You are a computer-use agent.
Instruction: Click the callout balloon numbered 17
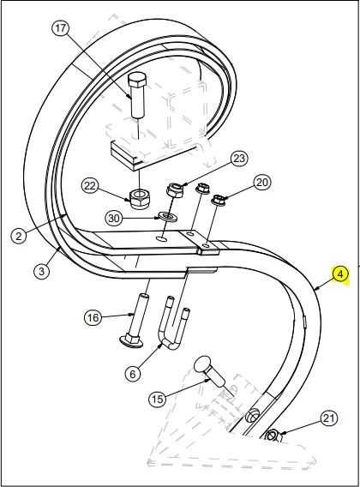[x=60, y=28]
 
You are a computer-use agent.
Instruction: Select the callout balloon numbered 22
[x=90, y=186]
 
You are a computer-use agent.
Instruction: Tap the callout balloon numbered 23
[x=239, y=159]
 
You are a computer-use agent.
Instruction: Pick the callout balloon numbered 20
[x=261, y=183]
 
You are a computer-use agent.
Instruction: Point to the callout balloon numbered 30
[x=114, y=219]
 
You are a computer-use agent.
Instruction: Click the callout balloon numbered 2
[x=19, y=236]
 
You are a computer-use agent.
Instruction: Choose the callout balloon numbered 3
[x=42, y=271]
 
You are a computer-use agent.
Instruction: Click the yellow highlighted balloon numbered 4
[x=340, y=274]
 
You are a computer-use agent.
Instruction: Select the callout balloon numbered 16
[x=93, y=318]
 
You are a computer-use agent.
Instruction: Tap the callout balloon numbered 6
[x=133, y=374]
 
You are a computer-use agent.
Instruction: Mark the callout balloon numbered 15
[x=158, y=399]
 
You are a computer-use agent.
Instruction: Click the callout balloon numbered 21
[x=328, y=418]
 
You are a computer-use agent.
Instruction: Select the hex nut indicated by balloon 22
[x=139, y=198]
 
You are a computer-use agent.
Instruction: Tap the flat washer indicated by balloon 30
[x=168, y=216]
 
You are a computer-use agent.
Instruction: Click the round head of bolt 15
[x=203, y=364]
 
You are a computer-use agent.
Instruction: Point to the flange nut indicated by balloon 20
[x=219, y=199]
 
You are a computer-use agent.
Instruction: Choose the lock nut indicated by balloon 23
[x=176, y=190]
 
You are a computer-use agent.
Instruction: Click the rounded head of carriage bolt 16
[x=131, y=340]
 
